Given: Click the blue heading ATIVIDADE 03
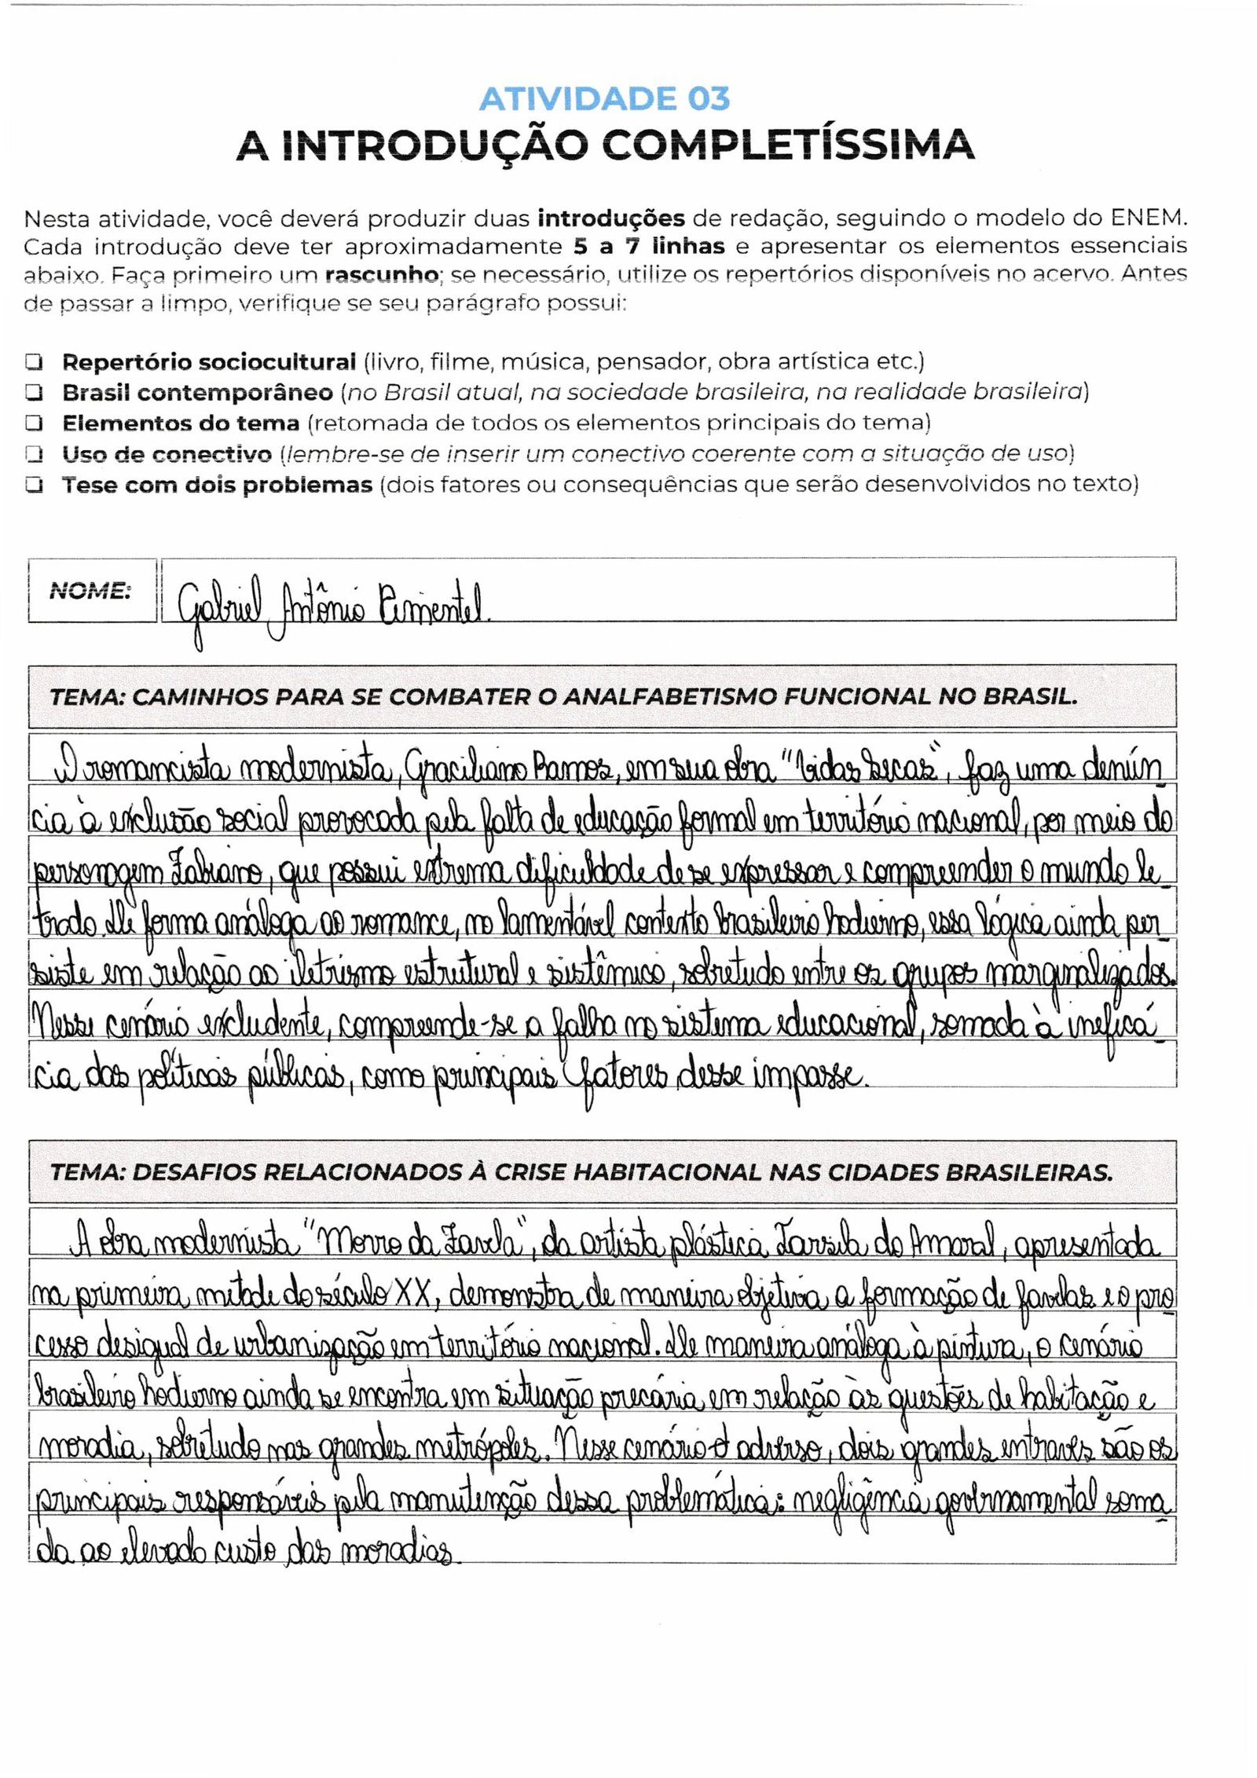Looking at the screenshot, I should [x=604, y=100].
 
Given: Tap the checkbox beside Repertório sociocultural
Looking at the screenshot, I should [x=33, y=362].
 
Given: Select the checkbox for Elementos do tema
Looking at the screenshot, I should [x=33, y=423].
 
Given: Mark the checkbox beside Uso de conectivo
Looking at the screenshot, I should [x=33, y=454].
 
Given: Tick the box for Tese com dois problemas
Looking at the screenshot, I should [x=33, y=485].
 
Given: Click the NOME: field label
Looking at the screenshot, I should [x=90, y=591].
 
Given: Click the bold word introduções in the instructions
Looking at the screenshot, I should [x=613, y=217].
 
